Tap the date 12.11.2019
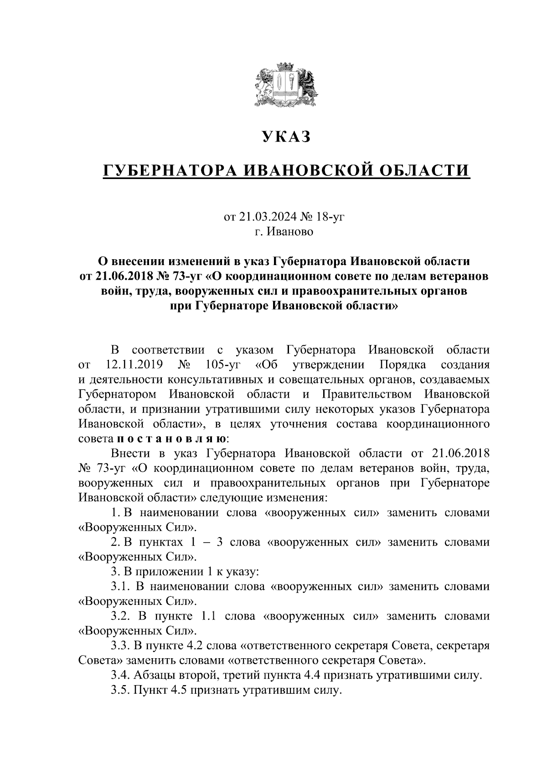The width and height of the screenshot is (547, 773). click(130, 365)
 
